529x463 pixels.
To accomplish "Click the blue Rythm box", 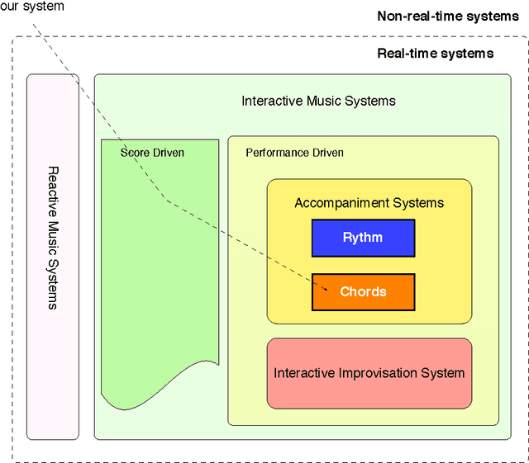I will coord(363,238).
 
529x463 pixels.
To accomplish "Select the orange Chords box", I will coord(363,291).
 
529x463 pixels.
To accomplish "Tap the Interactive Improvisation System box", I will coord(369,372).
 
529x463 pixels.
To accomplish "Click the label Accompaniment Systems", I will coord(369,202).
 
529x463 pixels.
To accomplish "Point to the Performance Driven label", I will coord(294,153).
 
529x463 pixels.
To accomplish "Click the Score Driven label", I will coord(152,153).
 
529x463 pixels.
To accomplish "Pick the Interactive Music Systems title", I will coord(318,101).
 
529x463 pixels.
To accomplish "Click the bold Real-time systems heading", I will coord(435,54).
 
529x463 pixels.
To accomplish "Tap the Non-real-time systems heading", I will coord(448,16).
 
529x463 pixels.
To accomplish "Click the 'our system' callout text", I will coord(31,7).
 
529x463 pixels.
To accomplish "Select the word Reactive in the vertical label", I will coord(52,189).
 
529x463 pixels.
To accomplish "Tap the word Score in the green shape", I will coord(135,153).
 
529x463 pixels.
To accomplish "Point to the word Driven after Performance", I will coord(328,153).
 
